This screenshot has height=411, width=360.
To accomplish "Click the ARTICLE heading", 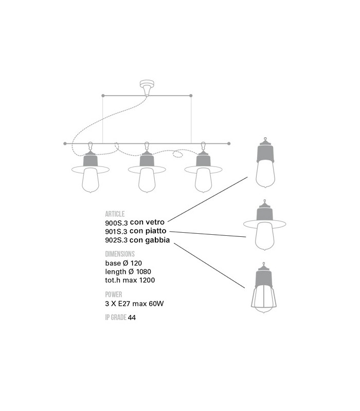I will click(x=115, y=214).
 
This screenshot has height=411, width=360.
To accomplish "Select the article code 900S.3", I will click(x=116, y=222).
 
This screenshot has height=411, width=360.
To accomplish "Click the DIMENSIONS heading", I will click(x=120, y=254).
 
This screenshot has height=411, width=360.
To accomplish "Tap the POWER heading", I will click(x=114, y=294).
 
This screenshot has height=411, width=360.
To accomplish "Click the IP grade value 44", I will click(x=132, y=318).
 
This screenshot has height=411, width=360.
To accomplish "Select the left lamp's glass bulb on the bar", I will click(x=91, y=182).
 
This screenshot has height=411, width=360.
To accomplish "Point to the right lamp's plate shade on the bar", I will click(x=203, y=170).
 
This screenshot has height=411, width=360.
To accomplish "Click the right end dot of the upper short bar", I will click(x=191, y=96).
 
